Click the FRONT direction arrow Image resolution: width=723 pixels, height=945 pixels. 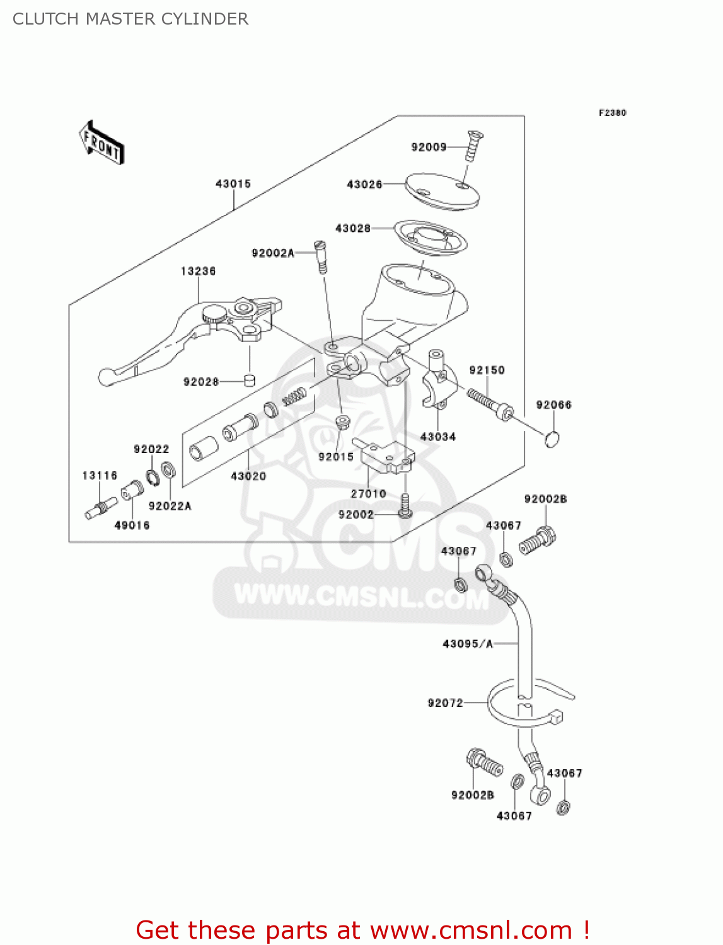pos(101,142)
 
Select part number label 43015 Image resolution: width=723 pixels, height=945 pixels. pos(233,184)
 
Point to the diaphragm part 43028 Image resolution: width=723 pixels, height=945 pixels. pos(431,239)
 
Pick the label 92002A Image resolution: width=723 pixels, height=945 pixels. pos(273,253)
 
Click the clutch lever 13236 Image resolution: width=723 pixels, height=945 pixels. pos(189,334)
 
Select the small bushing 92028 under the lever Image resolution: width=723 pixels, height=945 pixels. pos(250,381)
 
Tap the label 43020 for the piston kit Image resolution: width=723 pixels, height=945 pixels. pos(248,476)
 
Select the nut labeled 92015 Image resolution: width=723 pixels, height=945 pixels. pos(342,421)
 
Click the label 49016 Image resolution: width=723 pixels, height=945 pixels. pos(132,525)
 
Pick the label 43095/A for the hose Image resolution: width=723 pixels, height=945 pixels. pos(468,644)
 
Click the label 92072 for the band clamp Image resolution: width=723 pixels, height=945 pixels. pos(445,703)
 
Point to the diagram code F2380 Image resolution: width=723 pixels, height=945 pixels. pos(612,113)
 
